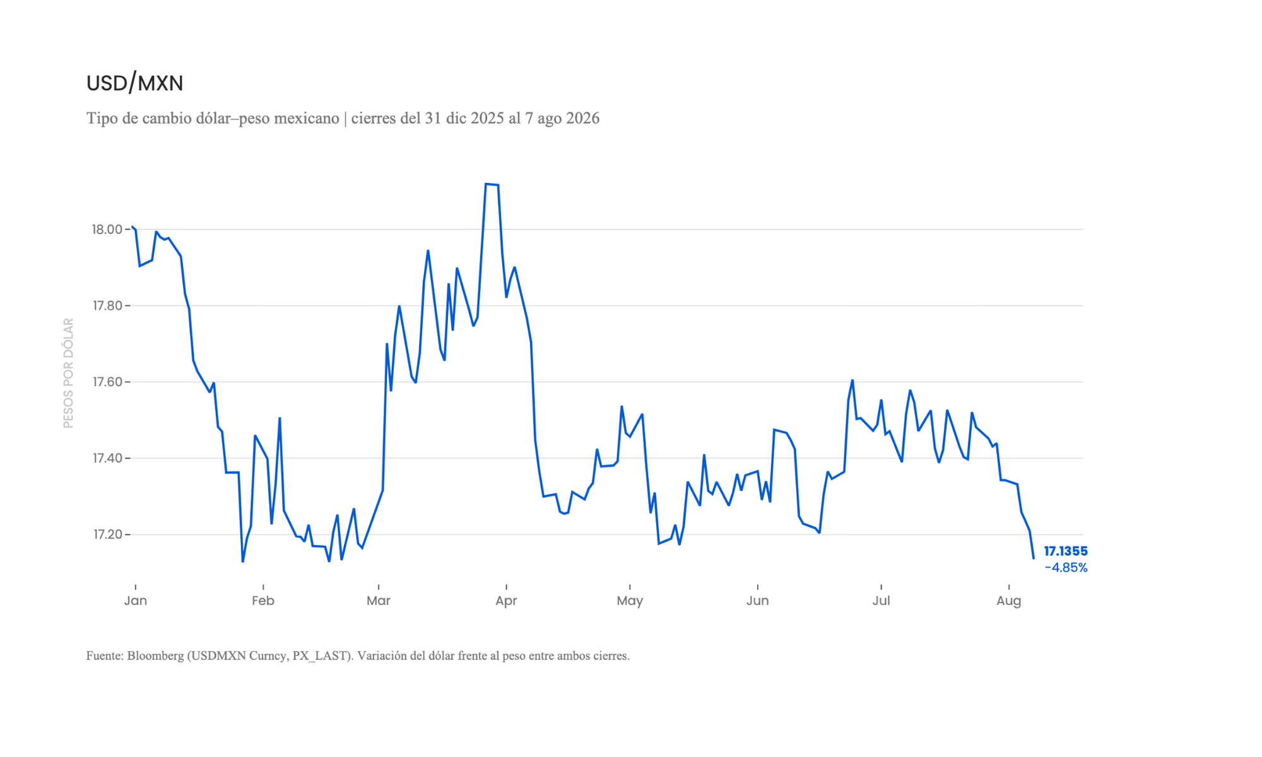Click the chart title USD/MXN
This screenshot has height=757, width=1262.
(134, 83)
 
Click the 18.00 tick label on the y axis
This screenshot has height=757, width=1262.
(107, 230)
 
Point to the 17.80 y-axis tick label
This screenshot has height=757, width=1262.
(108, 306)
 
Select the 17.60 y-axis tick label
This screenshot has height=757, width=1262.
(108, 382)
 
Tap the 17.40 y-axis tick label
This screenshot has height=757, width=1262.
(108, 459)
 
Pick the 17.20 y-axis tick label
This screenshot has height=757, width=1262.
(108, 535)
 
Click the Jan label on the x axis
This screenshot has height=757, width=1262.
(136, 601)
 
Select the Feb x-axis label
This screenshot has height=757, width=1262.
(263, 601)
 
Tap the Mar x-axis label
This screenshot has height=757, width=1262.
(379, 601)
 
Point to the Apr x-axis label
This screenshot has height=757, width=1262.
(506, 601)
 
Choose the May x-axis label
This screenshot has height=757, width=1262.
(630, 601)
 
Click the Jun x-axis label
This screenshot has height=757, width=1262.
(758, 601)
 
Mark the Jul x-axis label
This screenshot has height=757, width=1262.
(882, 601)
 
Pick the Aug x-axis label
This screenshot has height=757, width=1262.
(1009, 601)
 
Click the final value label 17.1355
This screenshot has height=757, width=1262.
(1066, 551)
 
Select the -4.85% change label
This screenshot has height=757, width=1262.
(1066, 568)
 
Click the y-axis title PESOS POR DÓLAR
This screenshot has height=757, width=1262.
(68, 373)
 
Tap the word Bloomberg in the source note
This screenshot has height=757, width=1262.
(155, 656)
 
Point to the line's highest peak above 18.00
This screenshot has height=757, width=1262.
(486, 184)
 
